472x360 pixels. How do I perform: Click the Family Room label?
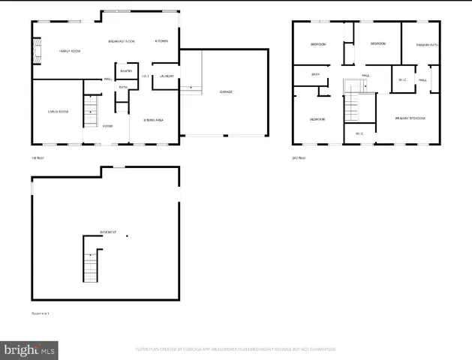coord(70,51)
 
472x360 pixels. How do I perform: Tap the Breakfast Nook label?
coord(121,40)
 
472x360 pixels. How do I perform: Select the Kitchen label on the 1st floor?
coord(161,40)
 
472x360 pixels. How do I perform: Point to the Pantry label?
coord(126,71)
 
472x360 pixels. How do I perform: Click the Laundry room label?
coord(167,76)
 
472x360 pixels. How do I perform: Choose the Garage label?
coord(225,91)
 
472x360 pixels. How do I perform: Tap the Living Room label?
coord(58,112)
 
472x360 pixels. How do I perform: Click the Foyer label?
coord(108,125)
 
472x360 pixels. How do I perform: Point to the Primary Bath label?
coord(427,45)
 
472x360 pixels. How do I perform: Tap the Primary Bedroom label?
coord(411,118)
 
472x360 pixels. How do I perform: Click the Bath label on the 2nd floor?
coord(316,74)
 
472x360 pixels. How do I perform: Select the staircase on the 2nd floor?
coord(351,101)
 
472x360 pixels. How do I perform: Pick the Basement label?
coord(108,232)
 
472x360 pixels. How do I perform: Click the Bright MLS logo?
coord(30,349)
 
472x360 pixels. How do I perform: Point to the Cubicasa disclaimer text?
coord(235,349)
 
